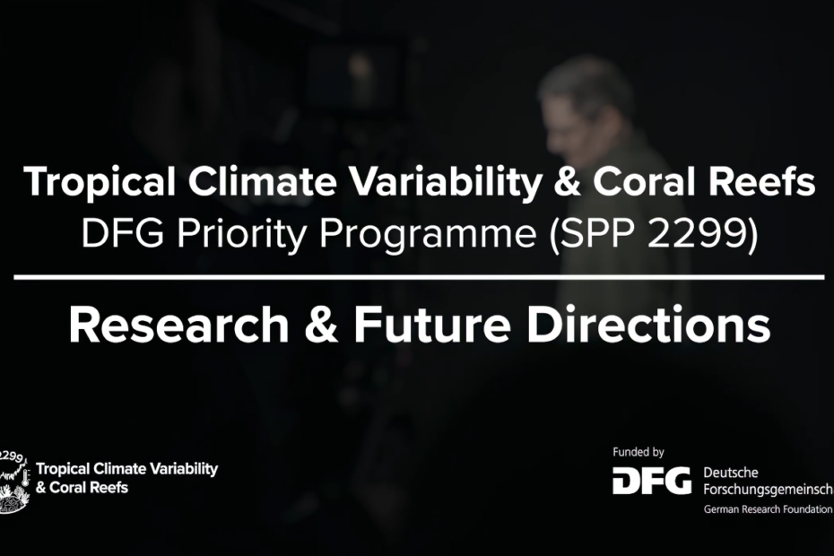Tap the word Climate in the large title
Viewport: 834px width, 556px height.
pyautogui.click(x=262, y=181)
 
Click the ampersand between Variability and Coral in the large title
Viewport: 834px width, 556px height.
pyautogui.click(x=568, y=182)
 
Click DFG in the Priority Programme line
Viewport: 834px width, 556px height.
pyautogui.click(x=122, y=233)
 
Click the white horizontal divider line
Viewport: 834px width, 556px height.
pyautogui.click(x=419, y=277)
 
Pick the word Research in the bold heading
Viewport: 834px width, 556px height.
pyautogui.click(x=179, y=326)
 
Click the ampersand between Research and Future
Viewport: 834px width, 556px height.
pyautogui.click(x=321, y=326)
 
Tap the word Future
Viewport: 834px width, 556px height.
pyautogui.click(x=432, y=326)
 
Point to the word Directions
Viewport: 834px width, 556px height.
pyautogui.click(x=648, y=324)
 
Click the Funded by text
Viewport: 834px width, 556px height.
pyautogui.click(x=639, y=452)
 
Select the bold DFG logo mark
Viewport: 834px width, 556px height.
pyautogui.click(x=652, y=481)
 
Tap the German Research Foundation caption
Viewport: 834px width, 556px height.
pyautogui.click(x=768, y=509)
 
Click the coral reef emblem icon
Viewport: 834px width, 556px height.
pyautogui.click(x=13, y=482)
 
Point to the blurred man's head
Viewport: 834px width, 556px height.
pyautogui.click(x=585, y=107)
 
